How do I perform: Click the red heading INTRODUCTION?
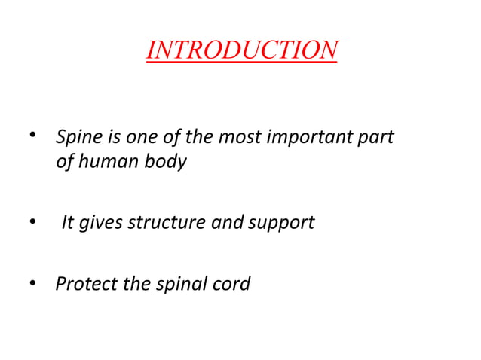[241, 50]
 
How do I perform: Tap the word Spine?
[76, 139]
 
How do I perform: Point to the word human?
[105, 161]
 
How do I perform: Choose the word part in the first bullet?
[380, 139]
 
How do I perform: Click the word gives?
[101, 223]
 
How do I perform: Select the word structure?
[161, 223]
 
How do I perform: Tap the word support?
[282, 224]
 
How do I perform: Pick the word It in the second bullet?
[69, 223]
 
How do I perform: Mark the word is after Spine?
[110, 139]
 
